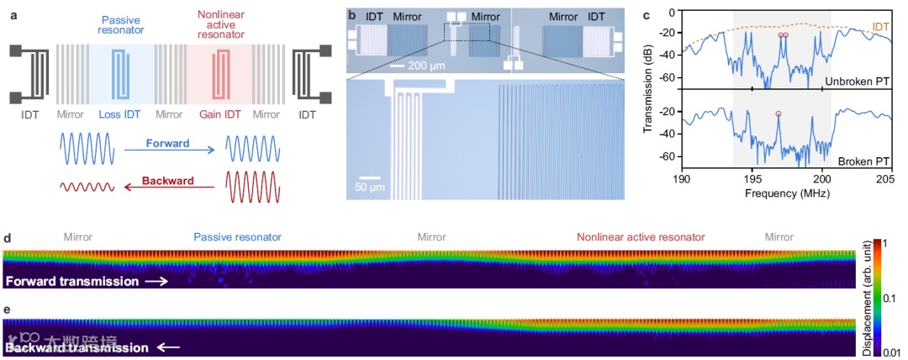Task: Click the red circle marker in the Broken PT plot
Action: [779, 114]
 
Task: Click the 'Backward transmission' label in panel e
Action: [76, 347]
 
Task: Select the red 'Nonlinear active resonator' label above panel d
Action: [641, 237]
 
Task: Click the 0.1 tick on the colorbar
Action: [890, 298]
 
